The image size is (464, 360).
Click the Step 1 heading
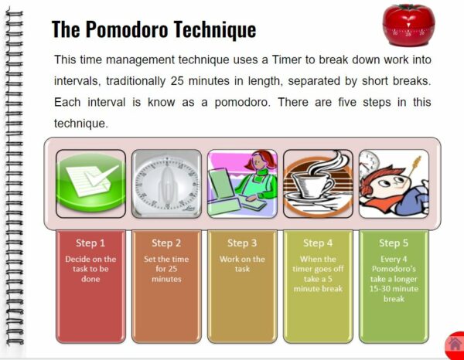pyautogui.click(x=90, y=243)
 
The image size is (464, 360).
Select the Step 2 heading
pyautogui.click(x=166, y=243)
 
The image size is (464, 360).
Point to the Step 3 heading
pyautogui.click(x=242, y=243)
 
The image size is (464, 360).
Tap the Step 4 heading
pyautogui.click(x=318, y=243)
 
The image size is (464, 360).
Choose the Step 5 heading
pyautogui.click(x=394, y=243)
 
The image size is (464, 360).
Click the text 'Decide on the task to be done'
pyautogui.click(x=90, y=269)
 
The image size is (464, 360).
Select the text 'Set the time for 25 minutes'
pyautogui.click(x=166, y=269)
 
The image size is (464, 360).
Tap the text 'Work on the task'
pyautogui.click(x=242, y=264)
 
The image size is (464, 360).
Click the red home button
pyautogui.click(x=455, y=345)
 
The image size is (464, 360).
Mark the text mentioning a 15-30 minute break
pyautogui.click(x=394, y=288)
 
